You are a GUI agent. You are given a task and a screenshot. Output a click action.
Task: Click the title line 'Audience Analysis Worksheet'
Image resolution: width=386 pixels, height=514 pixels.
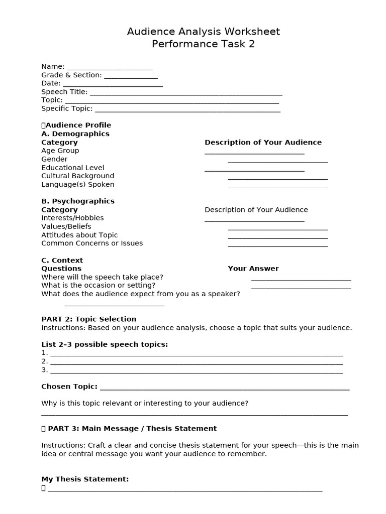click(x=203, y=32)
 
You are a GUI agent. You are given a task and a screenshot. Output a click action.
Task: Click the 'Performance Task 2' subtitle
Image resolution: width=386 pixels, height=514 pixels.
click(x=203, y=44)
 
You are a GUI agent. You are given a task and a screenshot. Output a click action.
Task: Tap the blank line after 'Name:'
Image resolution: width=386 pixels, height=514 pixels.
click(x=110, y=68)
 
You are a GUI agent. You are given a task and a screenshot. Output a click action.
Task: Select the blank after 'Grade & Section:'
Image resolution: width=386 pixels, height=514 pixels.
click(x=131, y=76)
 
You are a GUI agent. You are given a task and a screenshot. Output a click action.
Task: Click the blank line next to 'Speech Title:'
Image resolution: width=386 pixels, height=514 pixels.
click(x=185, y=93)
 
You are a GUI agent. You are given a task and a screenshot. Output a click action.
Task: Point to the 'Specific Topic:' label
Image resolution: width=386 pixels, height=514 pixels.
click(x=67, y=108)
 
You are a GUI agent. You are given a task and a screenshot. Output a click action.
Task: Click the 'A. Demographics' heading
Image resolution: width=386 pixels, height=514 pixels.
click(x=75, y=134)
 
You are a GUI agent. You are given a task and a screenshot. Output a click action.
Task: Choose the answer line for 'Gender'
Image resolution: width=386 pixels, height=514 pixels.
click(x=277, y=161)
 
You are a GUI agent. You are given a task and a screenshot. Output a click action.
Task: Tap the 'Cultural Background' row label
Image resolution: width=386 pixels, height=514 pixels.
click(x=77, y=176)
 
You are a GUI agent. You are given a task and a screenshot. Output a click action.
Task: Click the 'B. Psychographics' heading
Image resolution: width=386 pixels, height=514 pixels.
click(x=78, y=201)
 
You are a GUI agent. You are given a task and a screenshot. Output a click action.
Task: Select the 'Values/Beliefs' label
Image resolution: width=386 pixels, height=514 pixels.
click(x=66, y=226)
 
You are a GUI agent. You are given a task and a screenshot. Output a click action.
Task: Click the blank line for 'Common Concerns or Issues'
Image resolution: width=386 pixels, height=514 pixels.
click(x=277, y=245)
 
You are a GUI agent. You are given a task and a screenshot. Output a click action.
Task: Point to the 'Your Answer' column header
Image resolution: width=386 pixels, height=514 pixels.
click(x=253, y=269)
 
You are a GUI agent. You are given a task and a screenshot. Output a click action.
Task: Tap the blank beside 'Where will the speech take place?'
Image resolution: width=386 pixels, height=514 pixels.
click(x=301, y=279)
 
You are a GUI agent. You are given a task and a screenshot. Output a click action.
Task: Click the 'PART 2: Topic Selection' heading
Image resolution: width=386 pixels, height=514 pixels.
click(x=88, y=319)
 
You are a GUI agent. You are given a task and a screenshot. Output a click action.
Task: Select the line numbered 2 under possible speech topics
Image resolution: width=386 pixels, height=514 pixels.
click(x=196, y=362)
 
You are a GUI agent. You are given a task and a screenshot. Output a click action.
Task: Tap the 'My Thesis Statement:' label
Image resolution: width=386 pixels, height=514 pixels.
click(x=85, y=479)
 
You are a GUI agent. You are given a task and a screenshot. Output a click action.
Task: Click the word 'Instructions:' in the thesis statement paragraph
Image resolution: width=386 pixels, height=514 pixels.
click(x=63, y=445)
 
